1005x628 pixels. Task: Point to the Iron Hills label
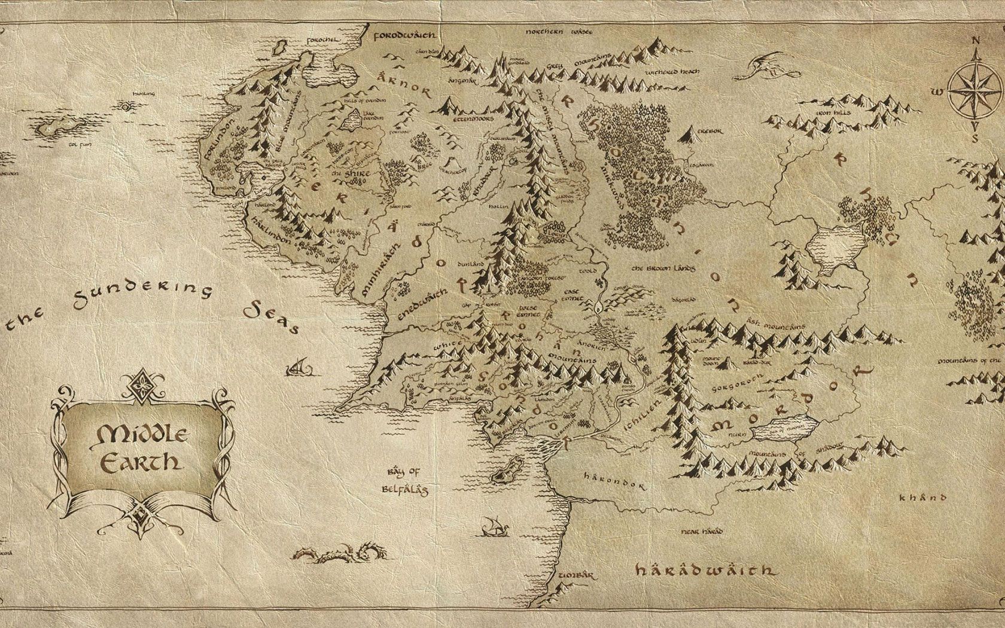point(832,112)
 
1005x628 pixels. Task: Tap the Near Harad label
point(702,531)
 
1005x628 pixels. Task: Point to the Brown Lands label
point(665,268)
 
